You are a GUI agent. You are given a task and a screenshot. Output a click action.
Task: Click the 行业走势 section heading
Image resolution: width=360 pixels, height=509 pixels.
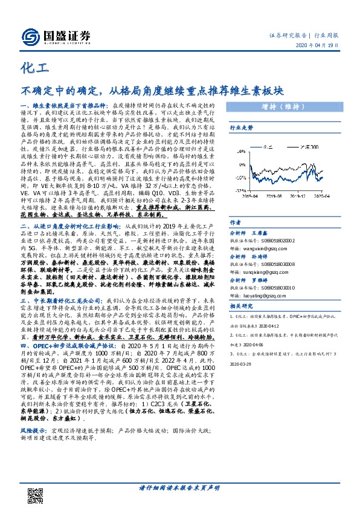tap(240, 129)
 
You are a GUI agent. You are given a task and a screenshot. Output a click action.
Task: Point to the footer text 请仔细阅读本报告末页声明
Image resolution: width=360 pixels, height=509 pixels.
tap(179, 488)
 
